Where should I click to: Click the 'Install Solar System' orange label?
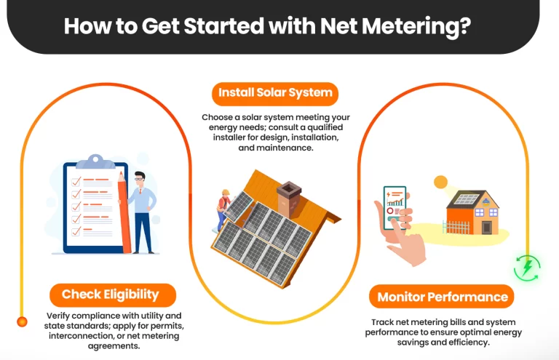pos(275,93)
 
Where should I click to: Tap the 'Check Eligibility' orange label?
pos(110,294)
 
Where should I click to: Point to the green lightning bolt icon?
pos(526,268)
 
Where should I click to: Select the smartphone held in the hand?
pos(395,207)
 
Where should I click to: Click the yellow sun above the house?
pos(440,182)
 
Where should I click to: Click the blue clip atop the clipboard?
pos(95,161)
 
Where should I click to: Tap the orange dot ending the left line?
pos(23,321)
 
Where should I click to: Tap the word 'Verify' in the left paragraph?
pos(63,316)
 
